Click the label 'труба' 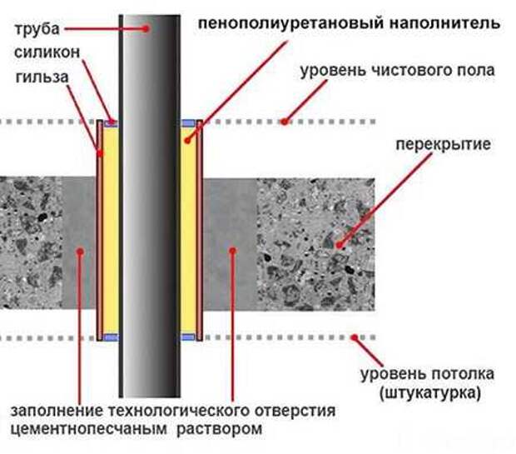pyautogui.click(x=37, y=29)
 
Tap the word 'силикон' pyautogui.click(x=47, y=52)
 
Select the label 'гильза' pyautogui.click(x=42, y=77)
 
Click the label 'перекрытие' pyautogui.click(x=443, y=145)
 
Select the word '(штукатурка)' pyautogui.click(x=430, y=394)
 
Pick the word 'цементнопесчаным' pyautogui.click(x=89, y=430)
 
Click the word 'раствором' pyautogui.click(x=220, y=429)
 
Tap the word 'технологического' pyautogui.click(x=180, y=412)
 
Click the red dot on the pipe pyautogui.click(x=146, y=28)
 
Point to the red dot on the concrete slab pyautogui.click(x=339, y=245)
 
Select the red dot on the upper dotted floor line pyautogui.click(x=285, y=122)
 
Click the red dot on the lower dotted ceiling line pyautogui.click(x=354, y=337)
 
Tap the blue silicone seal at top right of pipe pyautogui.click(x=188, y=123)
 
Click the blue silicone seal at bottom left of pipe pyautogui.click(x=111, y=337)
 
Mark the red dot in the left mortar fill pyautogui.click(x=80, y=252)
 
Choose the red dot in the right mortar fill pyautogui.click(x=233, y=251)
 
